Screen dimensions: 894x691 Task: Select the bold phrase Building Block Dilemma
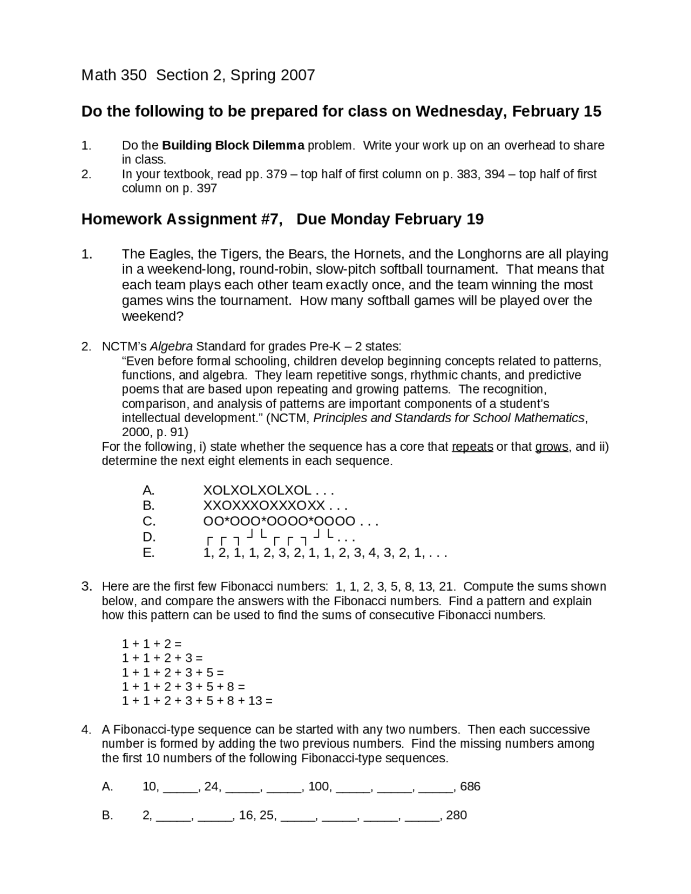click(233, 145)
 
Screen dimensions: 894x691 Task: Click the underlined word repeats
click(472, 447)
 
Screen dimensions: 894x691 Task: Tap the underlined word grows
click(551, 447)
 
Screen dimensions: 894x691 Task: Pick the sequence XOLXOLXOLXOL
click(257, 490)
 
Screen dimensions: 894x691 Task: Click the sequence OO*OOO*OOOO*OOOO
click(279, 521)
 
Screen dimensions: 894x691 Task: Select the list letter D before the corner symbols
click(149, 537)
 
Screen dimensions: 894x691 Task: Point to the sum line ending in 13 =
click(197, 701)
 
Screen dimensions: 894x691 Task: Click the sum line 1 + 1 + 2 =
click(152, 644)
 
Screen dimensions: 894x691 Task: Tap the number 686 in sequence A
click(470, 787)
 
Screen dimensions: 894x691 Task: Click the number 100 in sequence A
click(320, 787)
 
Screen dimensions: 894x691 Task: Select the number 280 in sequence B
click(457, 815)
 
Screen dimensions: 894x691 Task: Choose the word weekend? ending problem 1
click(153, 316)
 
